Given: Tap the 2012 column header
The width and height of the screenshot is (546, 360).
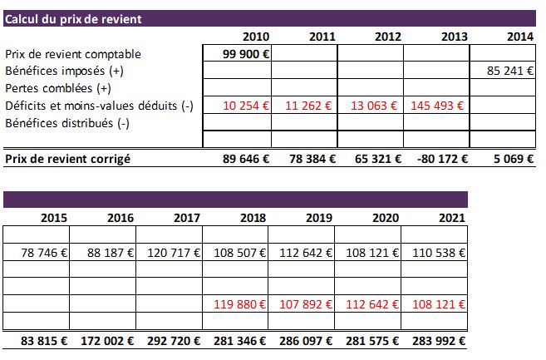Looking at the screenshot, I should point(388,37).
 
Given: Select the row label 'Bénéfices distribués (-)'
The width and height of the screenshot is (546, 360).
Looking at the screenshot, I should point(69,123).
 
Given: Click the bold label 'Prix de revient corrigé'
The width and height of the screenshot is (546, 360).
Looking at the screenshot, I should point(68,158).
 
